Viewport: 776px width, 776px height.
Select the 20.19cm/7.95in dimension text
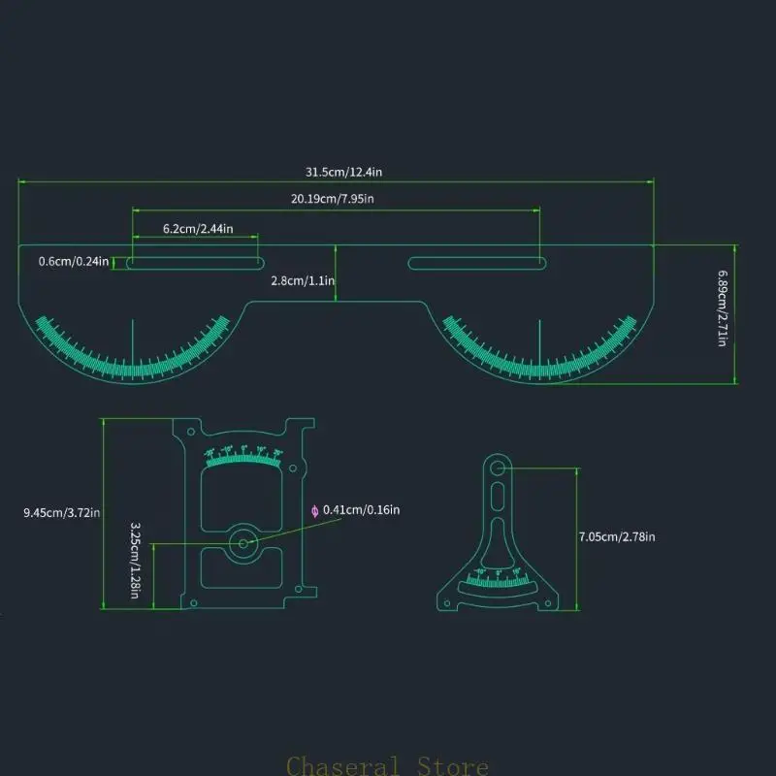click(333, 200)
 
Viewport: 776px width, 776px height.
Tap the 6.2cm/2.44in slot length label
click(197, 228)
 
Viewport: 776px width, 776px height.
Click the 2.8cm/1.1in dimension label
click(303, 280)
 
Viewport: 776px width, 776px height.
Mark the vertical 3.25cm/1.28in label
click(135, 560)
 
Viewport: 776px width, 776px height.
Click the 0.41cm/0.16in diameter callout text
click(362, 509)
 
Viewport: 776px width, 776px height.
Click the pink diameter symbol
click(314, 510)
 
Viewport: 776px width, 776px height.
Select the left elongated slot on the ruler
click(195, 262)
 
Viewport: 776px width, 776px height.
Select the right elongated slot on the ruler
click(474, 262)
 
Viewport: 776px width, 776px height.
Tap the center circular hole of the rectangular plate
click(242, 543)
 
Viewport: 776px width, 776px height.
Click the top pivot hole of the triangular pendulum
click(498, 469)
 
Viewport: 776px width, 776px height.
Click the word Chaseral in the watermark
click(344, 766)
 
